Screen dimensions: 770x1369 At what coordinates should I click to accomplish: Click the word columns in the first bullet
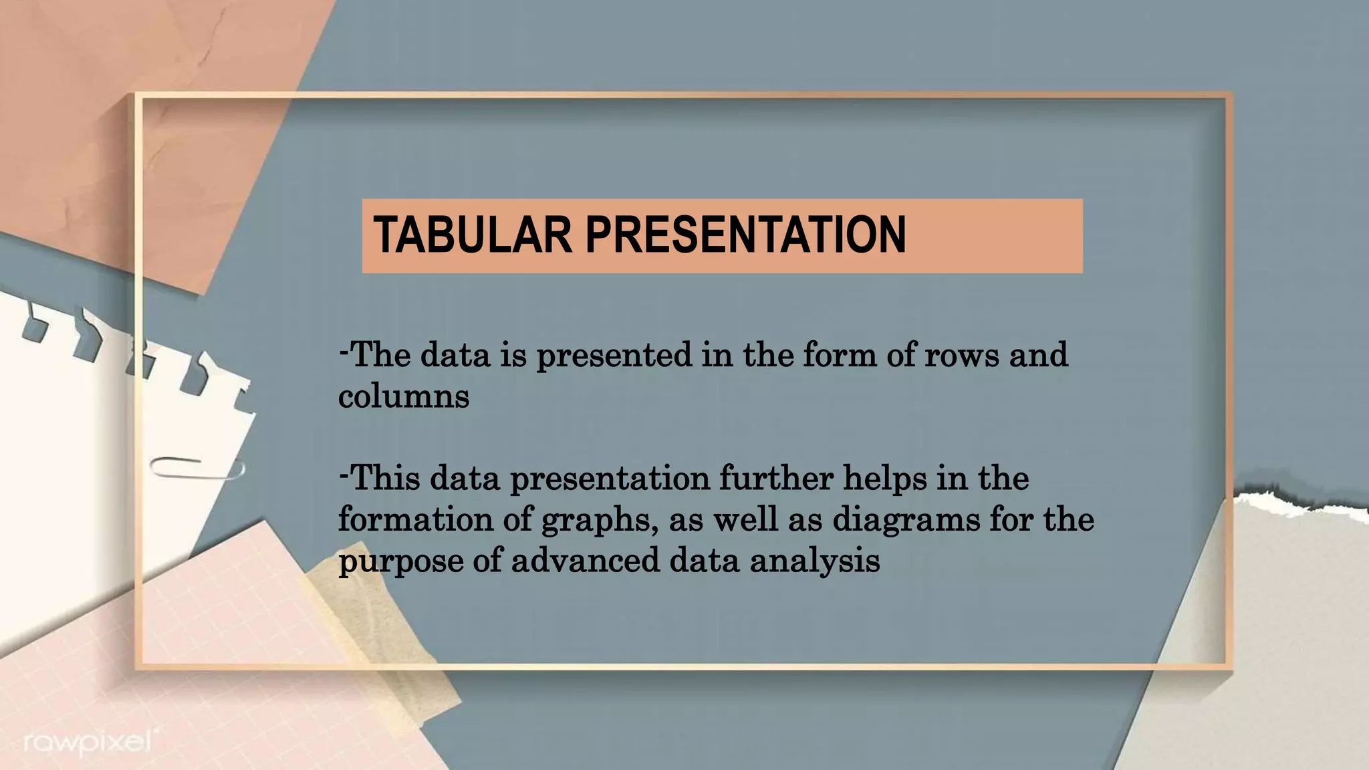[404, 396]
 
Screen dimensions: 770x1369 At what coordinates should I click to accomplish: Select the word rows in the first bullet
[962, 355]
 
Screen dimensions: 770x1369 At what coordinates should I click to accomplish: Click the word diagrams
[906, 520]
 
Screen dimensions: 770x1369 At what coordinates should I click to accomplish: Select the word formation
[415, 519]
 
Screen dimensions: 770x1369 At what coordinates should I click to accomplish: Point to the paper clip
[197, 467]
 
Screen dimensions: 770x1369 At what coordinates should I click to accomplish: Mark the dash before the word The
[344, 351]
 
